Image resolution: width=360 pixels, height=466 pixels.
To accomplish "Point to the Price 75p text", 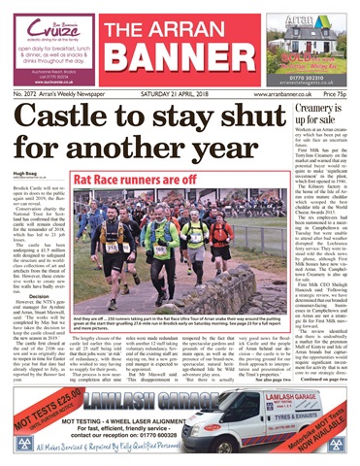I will [335, 94].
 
